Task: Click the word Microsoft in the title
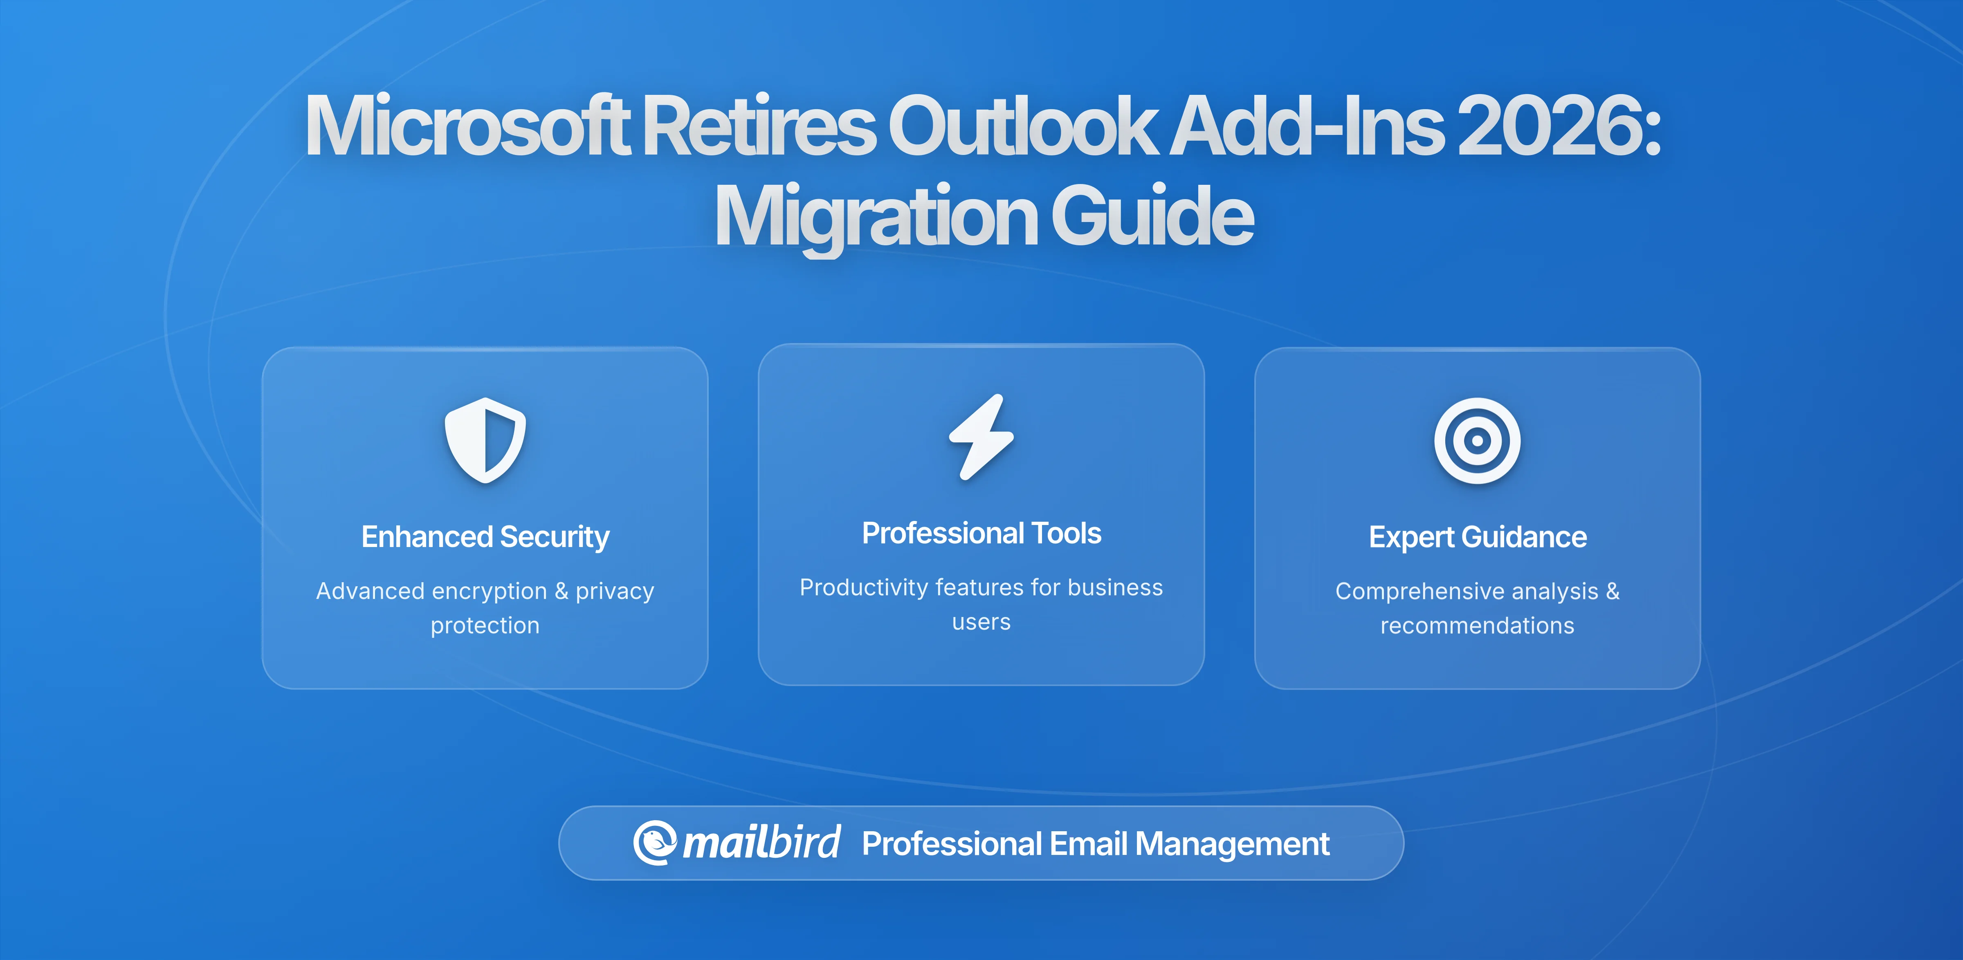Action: (468, 125)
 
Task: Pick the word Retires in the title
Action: (760, 125)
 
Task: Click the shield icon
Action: (485, 440)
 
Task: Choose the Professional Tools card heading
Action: (981, 533)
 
